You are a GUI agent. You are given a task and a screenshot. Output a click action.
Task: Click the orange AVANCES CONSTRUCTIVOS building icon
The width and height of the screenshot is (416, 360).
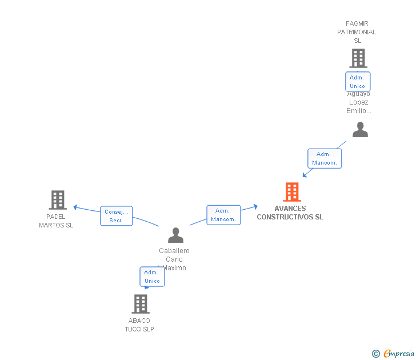pyautogui.click(x=292, y=192)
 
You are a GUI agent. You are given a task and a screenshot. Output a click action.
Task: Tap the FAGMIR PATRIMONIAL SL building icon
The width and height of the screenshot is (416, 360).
pyautogui.click(x=358, y=58)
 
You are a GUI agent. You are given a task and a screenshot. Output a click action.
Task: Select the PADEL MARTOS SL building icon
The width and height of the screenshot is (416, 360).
pyautogui.click(x=58, y=200)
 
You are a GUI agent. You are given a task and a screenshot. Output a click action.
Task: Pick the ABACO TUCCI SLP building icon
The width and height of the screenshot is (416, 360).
pyautogui.click(x=141, y=304)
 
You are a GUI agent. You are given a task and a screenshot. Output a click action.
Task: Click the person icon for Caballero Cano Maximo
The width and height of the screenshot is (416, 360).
pyautogui.click(x=175, y=235)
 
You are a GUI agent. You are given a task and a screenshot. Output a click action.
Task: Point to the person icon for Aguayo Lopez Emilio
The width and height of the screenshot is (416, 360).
pyautogui.click(x=360, y=130)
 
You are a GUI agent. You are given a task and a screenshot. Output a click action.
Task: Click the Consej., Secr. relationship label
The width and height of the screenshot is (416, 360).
pyautogui.click(x=117, y=216)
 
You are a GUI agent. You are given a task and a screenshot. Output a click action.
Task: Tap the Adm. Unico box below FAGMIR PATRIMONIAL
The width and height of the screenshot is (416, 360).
pyautogui.click(x=358, y=82)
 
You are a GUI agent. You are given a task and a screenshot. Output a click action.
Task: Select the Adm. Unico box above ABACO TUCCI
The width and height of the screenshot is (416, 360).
pyautogui.click(x=152, y=277)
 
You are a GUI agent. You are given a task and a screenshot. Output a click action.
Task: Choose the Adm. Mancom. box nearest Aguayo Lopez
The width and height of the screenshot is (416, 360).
pyautogui.click(x=325, y=158)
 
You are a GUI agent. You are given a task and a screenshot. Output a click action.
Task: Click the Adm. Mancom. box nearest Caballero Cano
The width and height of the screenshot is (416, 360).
pyautogui.click(x=223, y=215)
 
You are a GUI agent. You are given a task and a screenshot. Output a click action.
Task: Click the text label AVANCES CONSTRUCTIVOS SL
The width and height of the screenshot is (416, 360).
pyautogui.click(x=290, y=213)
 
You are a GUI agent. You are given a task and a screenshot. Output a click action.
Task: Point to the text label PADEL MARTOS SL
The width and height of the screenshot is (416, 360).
pyautogui.click(x=56, y=221)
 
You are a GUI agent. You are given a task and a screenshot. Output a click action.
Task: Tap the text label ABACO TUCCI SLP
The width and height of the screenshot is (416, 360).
pyautogui.click(x=139, y=325)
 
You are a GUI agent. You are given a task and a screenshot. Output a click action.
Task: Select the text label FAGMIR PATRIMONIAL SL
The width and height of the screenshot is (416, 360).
pyautogui.click(x=357, y=32)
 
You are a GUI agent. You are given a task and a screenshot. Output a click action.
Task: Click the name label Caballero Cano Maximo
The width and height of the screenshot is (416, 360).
pyautogui.click(x=174, y=259)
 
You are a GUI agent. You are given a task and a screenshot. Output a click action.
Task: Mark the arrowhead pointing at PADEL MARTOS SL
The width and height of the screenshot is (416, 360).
pyautogui.click(x=75, y=207)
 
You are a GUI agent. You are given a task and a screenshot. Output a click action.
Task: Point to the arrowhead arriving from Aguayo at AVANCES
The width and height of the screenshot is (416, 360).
pyautogui.click(x=305, y=175)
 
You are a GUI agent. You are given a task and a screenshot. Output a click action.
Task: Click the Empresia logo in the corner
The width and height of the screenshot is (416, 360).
pyautogui.click(x=394, y=353)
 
